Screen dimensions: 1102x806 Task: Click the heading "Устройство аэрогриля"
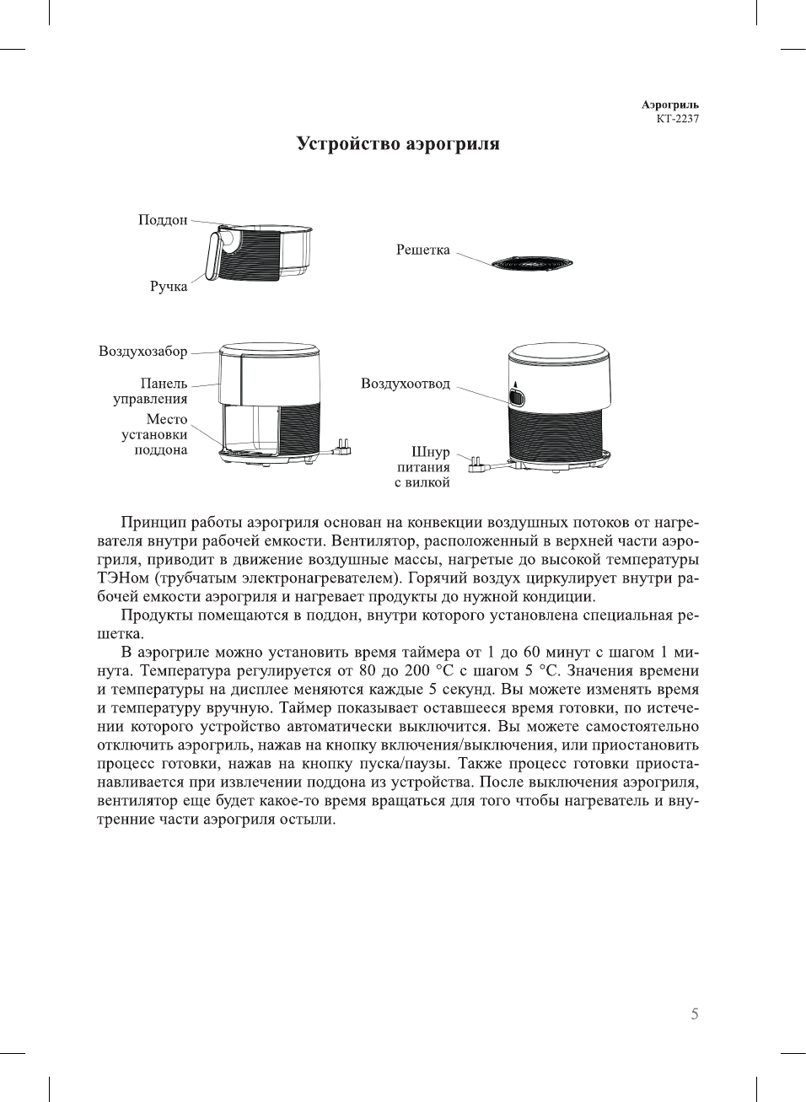pyautogui.click(x=398, y=144)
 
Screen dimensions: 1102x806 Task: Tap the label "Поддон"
pyautogui.click(x=163, y=220)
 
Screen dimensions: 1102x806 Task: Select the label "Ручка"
pyautogui.click(x=169, y=287)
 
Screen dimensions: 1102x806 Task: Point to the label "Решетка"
pyautogui.click(x=423, y=250)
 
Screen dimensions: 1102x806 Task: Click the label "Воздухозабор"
pyautogui.click(x=143, y=352)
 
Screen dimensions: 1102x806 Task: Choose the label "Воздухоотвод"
pyautogui.click(x=406, y=384)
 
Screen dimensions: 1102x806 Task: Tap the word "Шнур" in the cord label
pyautogui.click(x=431, y=453)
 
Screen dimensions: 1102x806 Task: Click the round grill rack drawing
pyautogui.click(x=532, y=264)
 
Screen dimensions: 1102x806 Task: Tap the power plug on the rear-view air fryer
pyautogui.click(x=476, y=462)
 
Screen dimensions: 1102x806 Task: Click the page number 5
pyautogui.click(x=695, y=1014)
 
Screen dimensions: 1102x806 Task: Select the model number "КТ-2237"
pyautogui.click(x=678, y=119)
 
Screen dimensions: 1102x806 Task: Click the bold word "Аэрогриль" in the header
pyautogui.click(x=670, y=105)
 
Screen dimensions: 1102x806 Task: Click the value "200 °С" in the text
pyautogui.click(x=430, y=671)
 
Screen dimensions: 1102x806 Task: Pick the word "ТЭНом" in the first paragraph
pyautogui.click(x=123, y=578)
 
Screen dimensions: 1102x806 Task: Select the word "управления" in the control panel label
pyautogui.click(x=151, y=400)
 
